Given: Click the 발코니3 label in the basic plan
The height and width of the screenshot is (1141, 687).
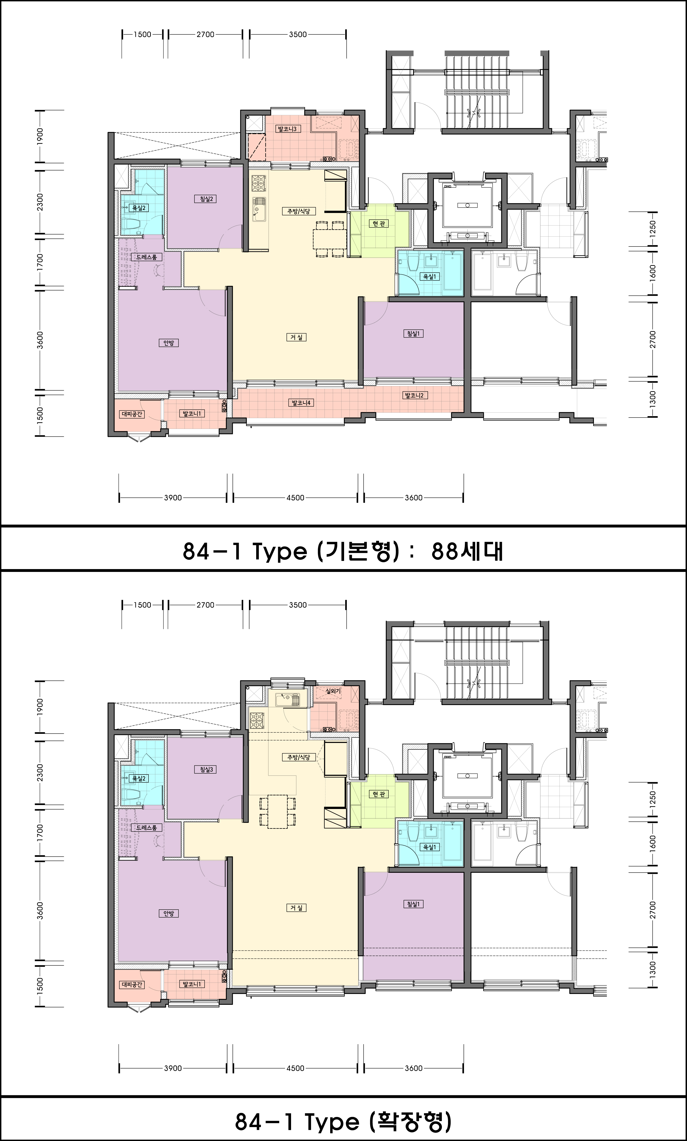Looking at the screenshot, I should coord(287,129).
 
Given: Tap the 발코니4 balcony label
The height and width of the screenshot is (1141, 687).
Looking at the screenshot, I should coord(301,403).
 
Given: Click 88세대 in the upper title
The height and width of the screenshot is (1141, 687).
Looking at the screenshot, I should coord(467,551).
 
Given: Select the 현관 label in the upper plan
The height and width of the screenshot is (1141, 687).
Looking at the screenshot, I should coord(379,224).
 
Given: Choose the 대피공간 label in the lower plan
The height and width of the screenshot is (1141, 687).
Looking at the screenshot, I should coord(132,985).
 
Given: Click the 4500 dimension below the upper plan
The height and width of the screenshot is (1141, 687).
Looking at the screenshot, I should coord(295,498).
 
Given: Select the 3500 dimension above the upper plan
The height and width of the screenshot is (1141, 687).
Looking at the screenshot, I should coord(298,34).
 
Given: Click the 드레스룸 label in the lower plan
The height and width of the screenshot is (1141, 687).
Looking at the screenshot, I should coord(146,827).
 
